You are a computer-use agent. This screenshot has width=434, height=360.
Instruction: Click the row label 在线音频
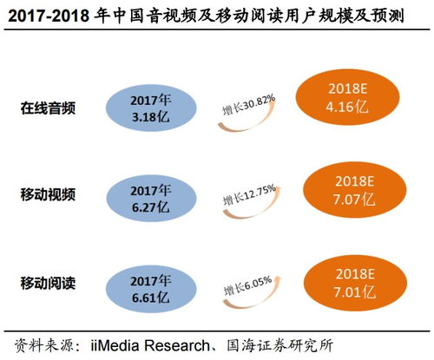(49, 109)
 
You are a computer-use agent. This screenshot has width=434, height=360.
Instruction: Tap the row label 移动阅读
(49, 282)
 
